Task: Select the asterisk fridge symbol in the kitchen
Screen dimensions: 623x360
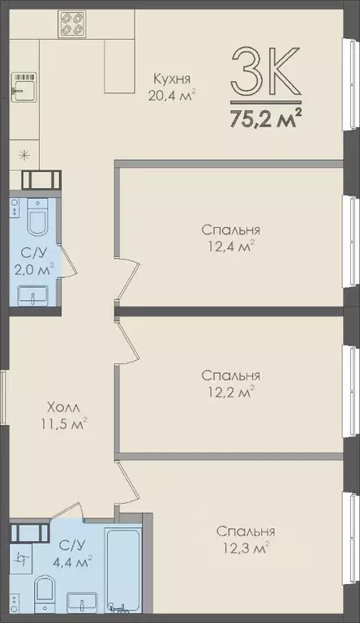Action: [x=24, y=153]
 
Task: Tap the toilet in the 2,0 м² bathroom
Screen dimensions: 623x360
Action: [x=36, y=219]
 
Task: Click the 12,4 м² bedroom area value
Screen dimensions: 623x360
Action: [x=230, y=244]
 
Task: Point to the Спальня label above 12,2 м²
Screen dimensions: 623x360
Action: [x=230, y=376]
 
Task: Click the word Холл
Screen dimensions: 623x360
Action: [x=62, y=406]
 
